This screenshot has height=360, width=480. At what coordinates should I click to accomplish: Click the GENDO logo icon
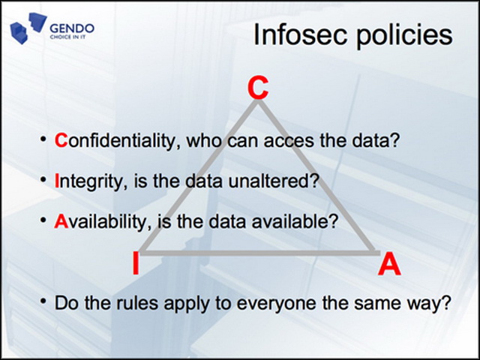(x=28, y=28)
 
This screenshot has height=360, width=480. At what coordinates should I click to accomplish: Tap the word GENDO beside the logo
(x=72, y=28)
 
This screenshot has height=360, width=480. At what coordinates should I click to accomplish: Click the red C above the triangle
(x=258, y=88)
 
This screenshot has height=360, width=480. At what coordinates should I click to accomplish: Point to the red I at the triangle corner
(x=136, y=263)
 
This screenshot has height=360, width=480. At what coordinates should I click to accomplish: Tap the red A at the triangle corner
(x=389, y=264)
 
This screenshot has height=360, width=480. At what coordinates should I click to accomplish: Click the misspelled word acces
(x=289, y=142)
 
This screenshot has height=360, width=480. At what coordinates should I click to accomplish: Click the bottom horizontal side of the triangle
(x=260, y=253)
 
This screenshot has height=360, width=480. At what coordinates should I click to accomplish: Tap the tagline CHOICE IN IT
(x=67, y=37)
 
